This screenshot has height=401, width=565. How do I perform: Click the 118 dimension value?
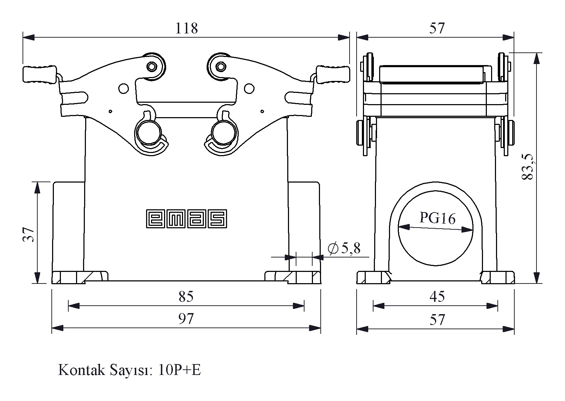coord(187,28)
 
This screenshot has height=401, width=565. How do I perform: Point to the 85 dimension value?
coord(186,297)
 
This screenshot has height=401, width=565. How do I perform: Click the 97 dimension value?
coord(186,319)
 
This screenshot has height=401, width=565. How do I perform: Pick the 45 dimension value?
coord(437,297)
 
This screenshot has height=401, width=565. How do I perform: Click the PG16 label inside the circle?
coord(437,218)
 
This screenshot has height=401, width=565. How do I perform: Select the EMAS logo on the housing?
coord(186,219)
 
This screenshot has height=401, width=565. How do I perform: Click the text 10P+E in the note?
coord(180,370)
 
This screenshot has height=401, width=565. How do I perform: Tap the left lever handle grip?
coord(39,75)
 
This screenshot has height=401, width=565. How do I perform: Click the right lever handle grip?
coord(333,75)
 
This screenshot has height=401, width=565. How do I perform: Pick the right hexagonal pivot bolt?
coord(221,66)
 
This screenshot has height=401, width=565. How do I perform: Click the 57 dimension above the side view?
coord(437,28)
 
